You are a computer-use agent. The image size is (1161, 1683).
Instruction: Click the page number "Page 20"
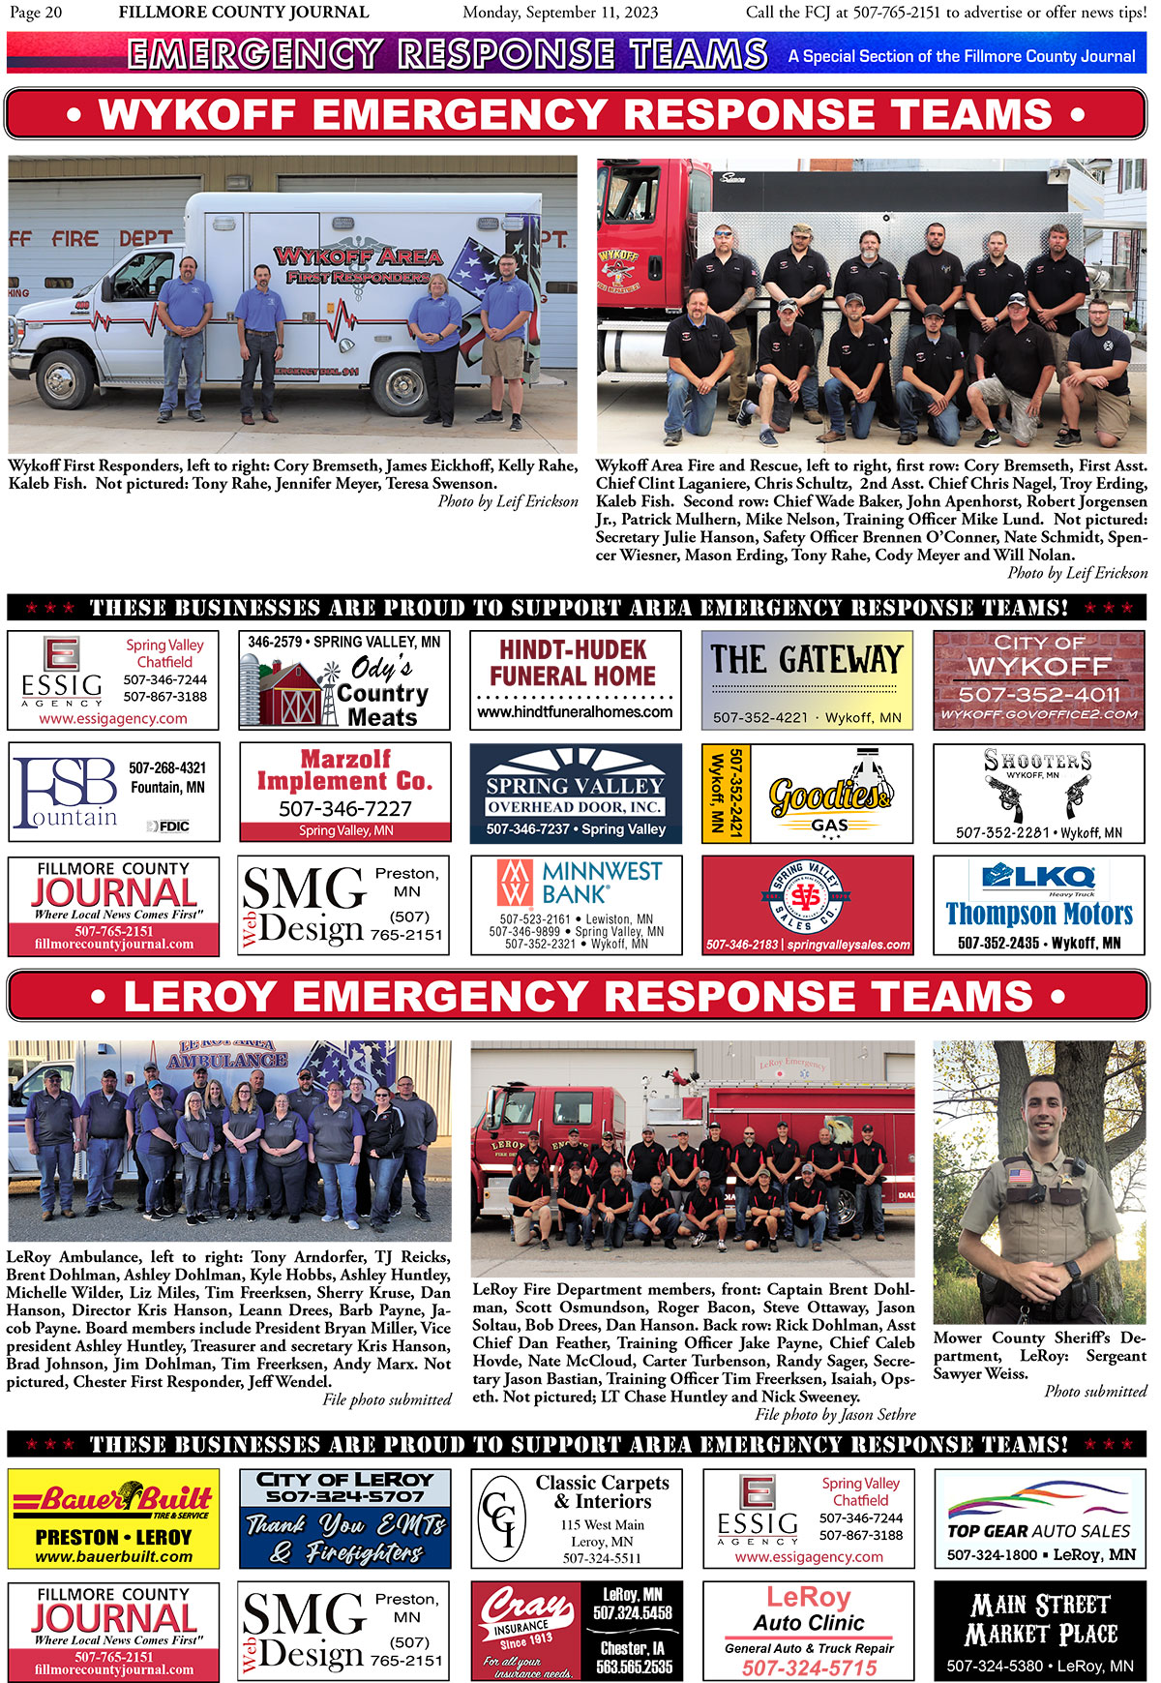click(x=36, y=13)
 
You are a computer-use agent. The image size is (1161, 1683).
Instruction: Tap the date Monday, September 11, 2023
click(x=560, y=13)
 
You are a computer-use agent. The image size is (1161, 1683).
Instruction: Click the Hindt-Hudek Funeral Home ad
click(x=575, y=679)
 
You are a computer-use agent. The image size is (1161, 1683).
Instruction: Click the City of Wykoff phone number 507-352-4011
click(x=1038, y=694)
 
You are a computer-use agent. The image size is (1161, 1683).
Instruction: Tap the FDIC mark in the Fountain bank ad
click(x=168, y=826)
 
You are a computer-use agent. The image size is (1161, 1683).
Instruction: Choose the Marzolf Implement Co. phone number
click(x=344, y=808)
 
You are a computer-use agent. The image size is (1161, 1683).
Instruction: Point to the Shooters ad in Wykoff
click(x=1038, y=793)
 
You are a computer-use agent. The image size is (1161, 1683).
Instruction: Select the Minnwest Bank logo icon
click(x=514, y=882)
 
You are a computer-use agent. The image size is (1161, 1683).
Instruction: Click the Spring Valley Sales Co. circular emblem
click(x=807, y=897)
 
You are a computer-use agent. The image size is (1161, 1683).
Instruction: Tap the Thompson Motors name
click(x=1039, y=914)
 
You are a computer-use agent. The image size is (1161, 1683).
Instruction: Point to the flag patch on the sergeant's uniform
click(x=1020, y=1176)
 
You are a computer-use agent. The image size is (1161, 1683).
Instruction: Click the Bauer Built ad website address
click(x=113, y=1556)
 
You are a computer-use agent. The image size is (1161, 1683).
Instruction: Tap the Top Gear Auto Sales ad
click(x=1040, y=1518)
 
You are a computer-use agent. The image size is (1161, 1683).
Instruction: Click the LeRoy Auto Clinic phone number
click(x=809, y=1668)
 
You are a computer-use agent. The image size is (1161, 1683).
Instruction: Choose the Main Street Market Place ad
click(x=1040, y=1632)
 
